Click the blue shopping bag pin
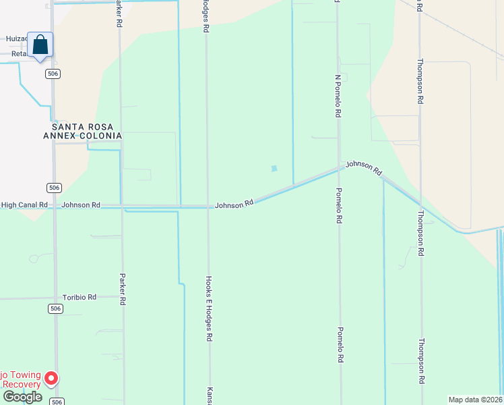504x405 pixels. (x=40, y=45)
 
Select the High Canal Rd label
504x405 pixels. (x=24, y=205)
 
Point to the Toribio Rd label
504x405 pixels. (x=80, y=297)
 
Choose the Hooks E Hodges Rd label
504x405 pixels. (x=210, y=307)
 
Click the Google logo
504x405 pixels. (x=22, y=396)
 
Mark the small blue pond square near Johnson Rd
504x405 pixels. (x=274, y=169)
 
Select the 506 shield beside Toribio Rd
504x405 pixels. (x=55, y=308)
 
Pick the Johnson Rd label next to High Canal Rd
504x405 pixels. (x=81, y=205)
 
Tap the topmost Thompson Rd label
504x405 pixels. (x=420, y=81)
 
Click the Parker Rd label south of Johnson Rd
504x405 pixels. (x=123, y=288)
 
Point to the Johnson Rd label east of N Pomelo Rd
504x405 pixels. (x=364, y=167)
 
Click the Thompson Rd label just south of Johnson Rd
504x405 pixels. (x=420, y=233)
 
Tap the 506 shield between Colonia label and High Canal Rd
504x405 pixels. (x=55, y=188)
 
